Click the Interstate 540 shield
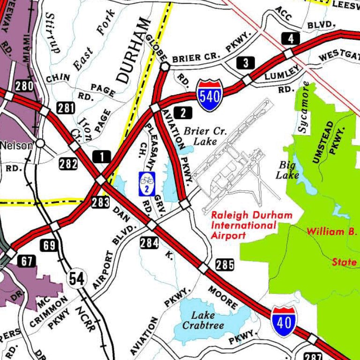pyautogui.click(x=209, y=95)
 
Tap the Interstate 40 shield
pyautogui.click(x=283, y=321)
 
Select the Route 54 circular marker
pyautogui.click(x=76, y=278)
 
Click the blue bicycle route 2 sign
pyautogui.click(x=147, y=183)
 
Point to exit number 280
pyautogui.click(x=24, y=86)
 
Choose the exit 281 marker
pyautogui.click(x=66, y=108)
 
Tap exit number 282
pyautogui.click(x=68, y=164)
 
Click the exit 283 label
pyautogui.click(x=100, y=202)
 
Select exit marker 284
pyautogui.click(x=149, y=242)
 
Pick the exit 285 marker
pyautogui.click(x=225, y=265)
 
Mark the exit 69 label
pyautogui.click(x=49, y=245)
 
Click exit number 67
pyautogui.click(x=26, y=261)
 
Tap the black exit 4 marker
pyautogui.click(x=291, y=38)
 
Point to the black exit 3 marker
pyautogui.click(x=246, y=62)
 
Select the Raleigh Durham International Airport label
pyautogui.click(x=251, y=225)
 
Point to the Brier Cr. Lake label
pyautogui.click(x=204, y=136)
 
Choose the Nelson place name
pyautogui.click(x=16, y=145)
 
